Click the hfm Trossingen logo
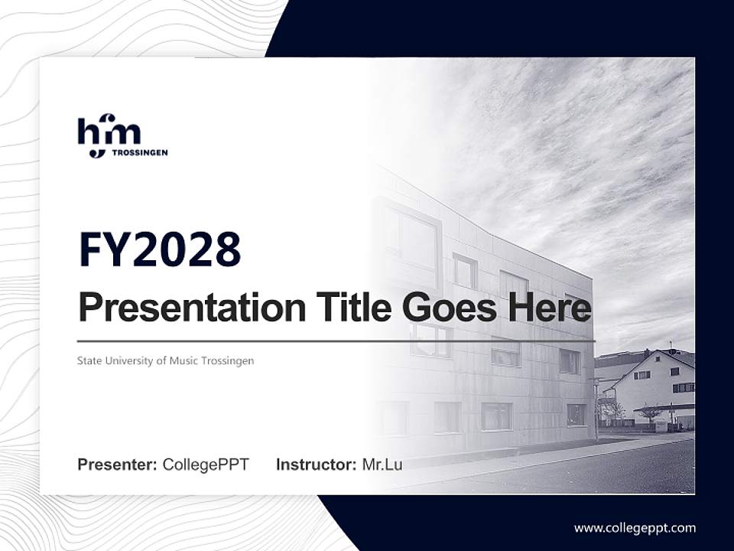[122, 136]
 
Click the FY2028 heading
[160, 249]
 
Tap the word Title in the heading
[348, 308]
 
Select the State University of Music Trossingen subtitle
[165, 360]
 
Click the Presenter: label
[118, 465]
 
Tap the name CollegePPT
[206, 465]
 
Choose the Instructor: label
[317, 465]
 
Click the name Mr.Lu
[382, 465]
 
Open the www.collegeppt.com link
[635, 528]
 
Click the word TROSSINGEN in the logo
[140, 152]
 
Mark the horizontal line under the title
[336, 341]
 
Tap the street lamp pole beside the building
[596, 406]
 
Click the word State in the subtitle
[89, 360]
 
